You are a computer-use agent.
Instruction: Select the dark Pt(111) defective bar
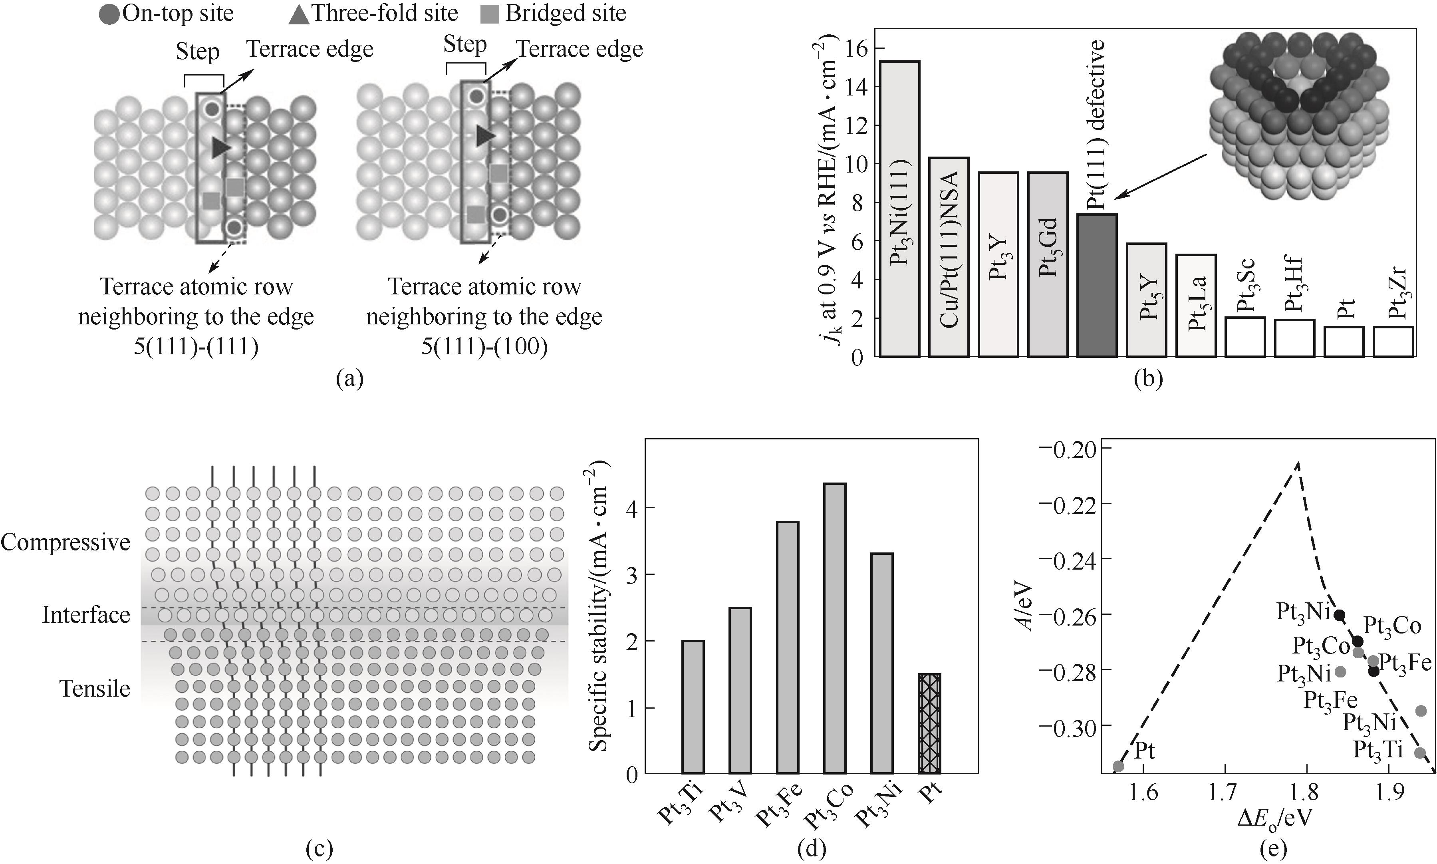pos(1096,285)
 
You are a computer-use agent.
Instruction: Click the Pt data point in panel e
pos(1118,766)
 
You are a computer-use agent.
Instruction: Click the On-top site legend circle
pos(109,14)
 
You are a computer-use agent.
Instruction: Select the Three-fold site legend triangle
pos(299,14)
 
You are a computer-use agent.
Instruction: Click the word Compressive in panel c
pos(65,542)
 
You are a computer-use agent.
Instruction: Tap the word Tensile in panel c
pos(95,689)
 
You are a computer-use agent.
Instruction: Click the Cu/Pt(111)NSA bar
pos(949,256)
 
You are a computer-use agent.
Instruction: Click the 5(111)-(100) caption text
pos(484,347)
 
